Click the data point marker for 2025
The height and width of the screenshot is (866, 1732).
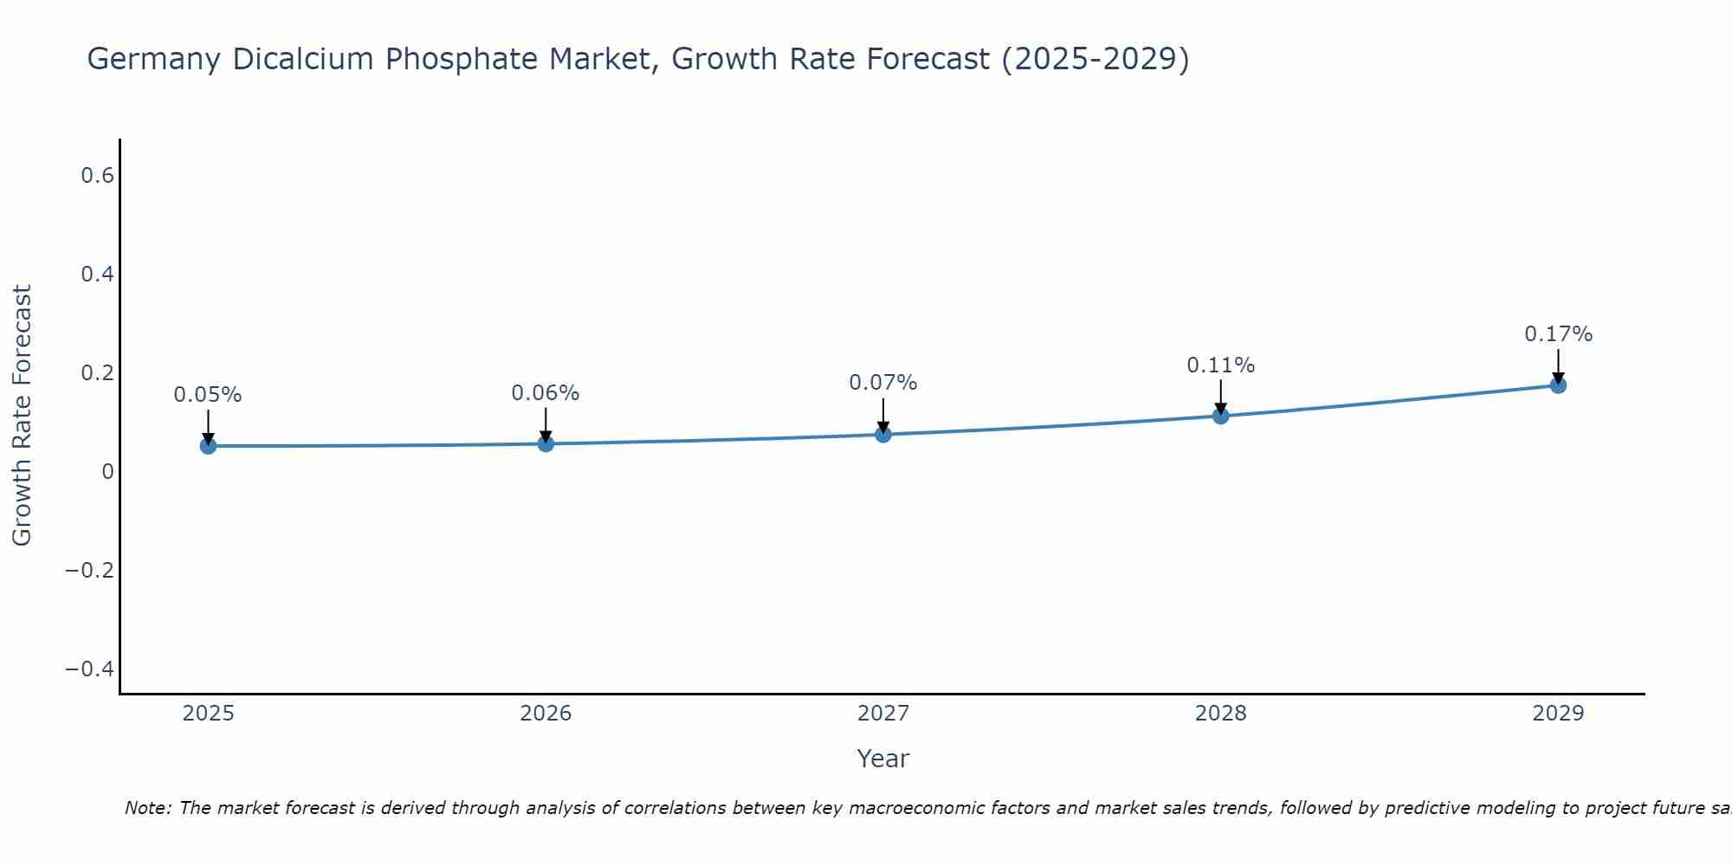click(x=208, y=446)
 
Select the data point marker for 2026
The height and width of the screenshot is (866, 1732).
click(x=546, y=443)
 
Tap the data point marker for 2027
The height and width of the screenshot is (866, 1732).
click(x=883, y=434)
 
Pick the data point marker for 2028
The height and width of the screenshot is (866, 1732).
click(x=1221, y=416)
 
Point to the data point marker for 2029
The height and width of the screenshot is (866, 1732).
click(x=1558, y=385)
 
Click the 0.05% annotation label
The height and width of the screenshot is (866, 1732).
click(x=208, y=395)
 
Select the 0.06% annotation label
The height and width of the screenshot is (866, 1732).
click(x=546, y=393)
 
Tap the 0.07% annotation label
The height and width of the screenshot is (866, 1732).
click(x=883, y=383)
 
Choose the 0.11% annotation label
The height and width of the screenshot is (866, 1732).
click(x=1221, y=365)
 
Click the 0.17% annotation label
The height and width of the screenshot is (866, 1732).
click(x=1558, y=334)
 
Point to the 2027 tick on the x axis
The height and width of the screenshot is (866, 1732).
click(x=883, y=714)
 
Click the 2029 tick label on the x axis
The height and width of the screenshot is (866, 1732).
click(x=1558, y=714)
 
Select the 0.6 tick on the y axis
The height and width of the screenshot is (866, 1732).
click(x=98, y=176)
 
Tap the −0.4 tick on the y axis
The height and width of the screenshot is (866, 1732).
click(x=90, y=669)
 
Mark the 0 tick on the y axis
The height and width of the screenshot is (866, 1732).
click(x=107, y=472)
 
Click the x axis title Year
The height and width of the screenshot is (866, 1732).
click(x=883, y=759)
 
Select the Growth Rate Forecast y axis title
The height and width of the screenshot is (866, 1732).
click(x=22, y=416)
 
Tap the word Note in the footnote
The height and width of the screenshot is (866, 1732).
click(x=147, y=809)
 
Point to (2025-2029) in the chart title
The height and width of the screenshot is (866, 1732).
click(x=1095, y=60)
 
